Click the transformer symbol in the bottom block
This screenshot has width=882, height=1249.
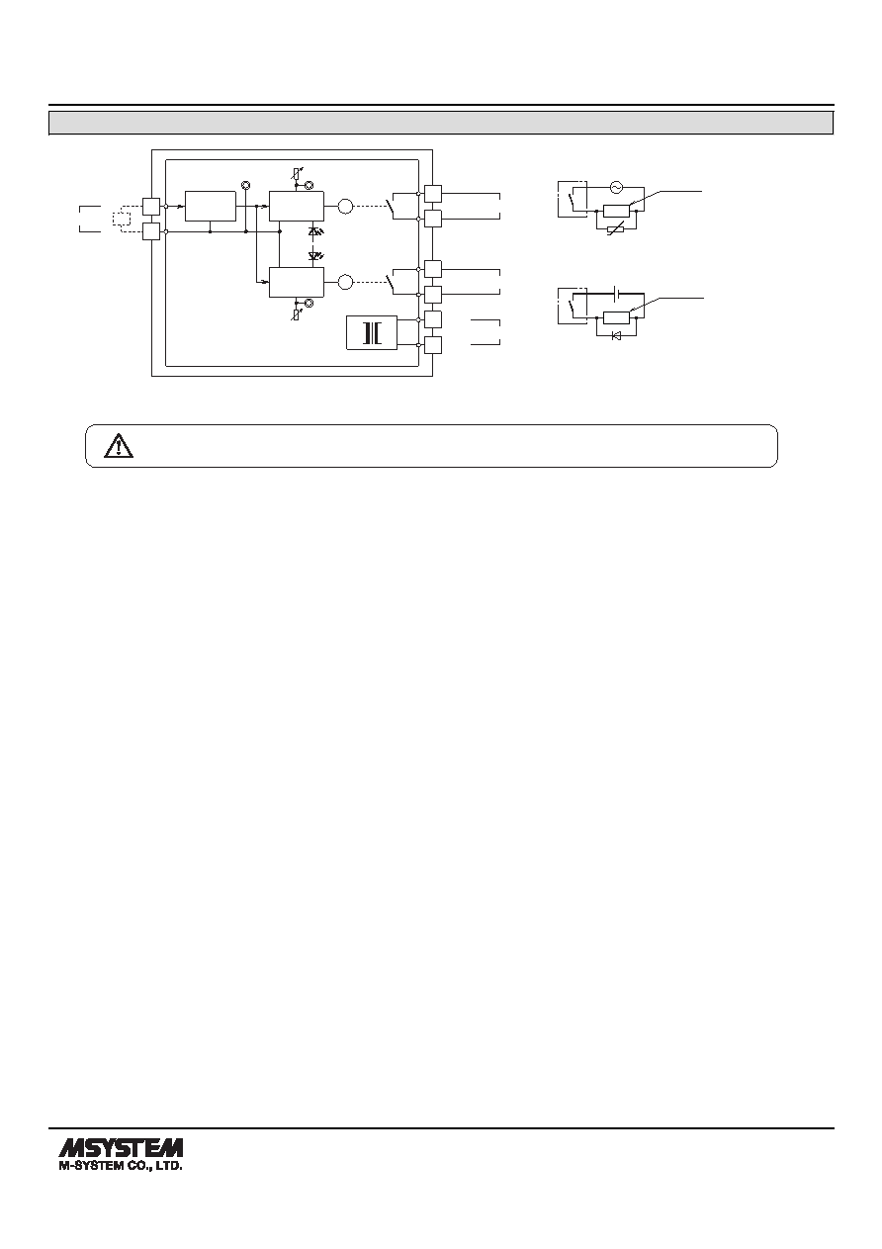click(x=372, y=333)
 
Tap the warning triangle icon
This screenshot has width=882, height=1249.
click(x=119, y=446)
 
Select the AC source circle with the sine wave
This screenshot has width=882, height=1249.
click(x=616, y=187)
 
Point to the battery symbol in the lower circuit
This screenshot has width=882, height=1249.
click(x=615, y=293)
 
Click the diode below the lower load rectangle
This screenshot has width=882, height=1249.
click(x=617, y=335)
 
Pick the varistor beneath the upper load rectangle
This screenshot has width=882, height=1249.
click(x=615, y=228)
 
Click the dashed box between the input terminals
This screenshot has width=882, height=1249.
click(x=122, y=218)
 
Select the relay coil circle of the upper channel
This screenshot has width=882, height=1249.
click(x=346, y=207)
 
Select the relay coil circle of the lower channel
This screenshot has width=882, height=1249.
click(x=346, y=282)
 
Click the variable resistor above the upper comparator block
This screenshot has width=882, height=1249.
click(x=297, y=174)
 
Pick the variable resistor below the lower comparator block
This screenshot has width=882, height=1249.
click(x=297, y=313)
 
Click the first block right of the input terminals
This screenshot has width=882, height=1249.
click(x=211, y=207)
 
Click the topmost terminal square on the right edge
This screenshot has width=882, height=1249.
click(x=433, y=194)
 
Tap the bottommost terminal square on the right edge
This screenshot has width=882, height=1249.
click(x=433, y=345)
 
